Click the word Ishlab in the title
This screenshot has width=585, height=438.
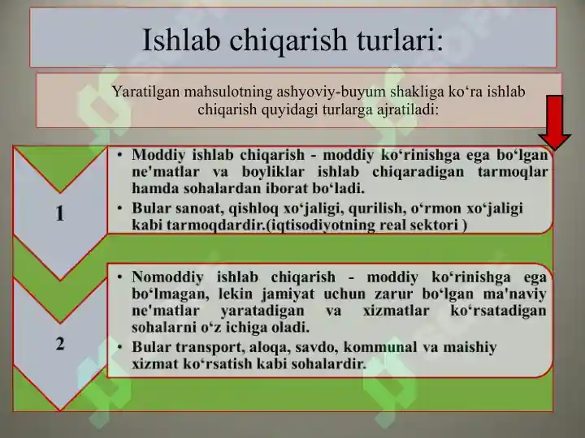point(181,40)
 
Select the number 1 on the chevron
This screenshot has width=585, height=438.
point(59,214)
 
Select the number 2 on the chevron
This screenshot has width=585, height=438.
point(60,343)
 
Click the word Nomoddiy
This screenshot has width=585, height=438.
point(167,277)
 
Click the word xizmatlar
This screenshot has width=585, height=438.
point(396,311)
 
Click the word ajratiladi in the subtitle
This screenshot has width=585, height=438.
point(408,109)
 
